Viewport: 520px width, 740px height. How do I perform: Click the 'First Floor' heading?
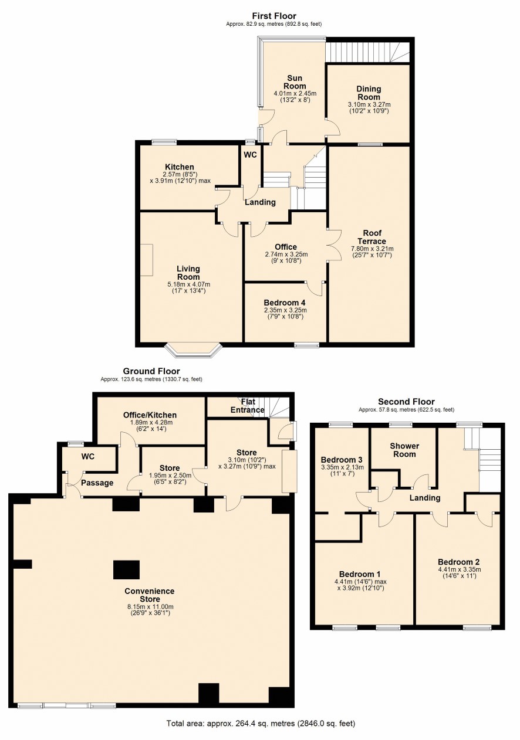click(x=274, y=16)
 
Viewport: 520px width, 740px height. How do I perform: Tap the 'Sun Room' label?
click(x=294, y=82)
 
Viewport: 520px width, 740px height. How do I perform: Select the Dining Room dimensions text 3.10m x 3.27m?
click(x=369, y=105)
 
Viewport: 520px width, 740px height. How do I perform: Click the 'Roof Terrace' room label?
click(x=372, y=237)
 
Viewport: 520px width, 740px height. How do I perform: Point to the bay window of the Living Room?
click(x=194, y=351)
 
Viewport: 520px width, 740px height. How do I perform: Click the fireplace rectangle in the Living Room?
click(x=147, y=260)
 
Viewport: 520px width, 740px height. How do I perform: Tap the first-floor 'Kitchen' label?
click(x=180, y=167)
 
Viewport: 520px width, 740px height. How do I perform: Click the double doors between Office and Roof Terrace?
click(x=334, y=245)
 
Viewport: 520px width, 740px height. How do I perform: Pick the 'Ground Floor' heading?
click(x=151, y=371)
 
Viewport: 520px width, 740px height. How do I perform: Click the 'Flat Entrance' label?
click(x=248, y=406)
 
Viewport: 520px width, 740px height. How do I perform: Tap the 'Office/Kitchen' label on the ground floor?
click(x=150, y=415)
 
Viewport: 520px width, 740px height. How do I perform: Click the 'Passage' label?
click(x=97, y=483)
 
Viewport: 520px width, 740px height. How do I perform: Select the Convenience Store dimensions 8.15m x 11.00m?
click(x=150, y=606)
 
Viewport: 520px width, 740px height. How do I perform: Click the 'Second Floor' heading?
click(x=406, y=402)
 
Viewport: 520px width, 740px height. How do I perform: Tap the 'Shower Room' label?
click(x=404, y=450)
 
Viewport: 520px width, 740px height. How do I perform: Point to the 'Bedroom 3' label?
click(x=342, y=460)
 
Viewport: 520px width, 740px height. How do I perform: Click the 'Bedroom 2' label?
click(x=458, y=562)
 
